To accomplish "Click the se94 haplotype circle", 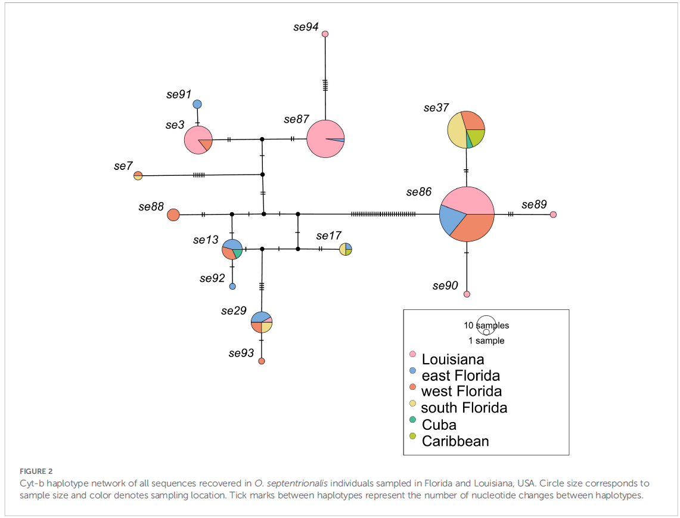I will pyautogui.click(x=325, y=34).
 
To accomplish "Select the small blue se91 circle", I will pyautogui.click(x=197, y=104).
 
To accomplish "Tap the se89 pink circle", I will pyautogui.click(x=553, y=215).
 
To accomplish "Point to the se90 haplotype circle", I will pyautogui.click(x=467, y=294).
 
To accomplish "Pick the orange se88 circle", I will pyautogui.click(x=173, y=215).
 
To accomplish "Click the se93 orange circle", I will pyautogui.click(x=262, y=361).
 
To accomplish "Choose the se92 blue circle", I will pyautogui.click(x=232, y=286).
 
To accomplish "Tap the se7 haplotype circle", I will pyautogui.click(x=138, y=175).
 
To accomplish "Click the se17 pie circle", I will pyautogui.click(x=346, y=249).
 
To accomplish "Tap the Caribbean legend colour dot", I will pyautogui.click(x=412, y=436).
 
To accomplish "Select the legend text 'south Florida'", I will pyautogui.click(x=464, y=408).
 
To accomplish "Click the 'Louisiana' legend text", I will pyautogui.click(x=453, y=359).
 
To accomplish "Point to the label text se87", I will pyautogui.click(x=296, y=119).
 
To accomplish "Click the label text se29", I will pyautogui.click(x=234, y=311).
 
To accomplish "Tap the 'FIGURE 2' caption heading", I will pyautogui.click(x=36, y=471).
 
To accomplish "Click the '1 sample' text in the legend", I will pyautogui.click(x=486, y=341).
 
